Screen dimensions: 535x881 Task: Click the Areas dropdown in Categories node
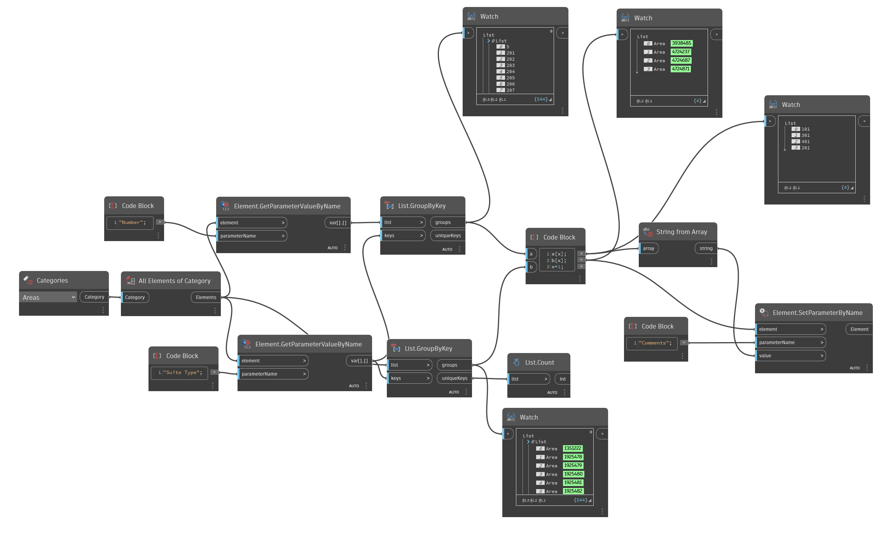pos(49,297)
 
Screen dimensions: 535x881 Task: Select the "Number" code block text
pos(133,222)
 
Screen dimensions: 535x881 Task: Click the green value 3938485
pos(682,43)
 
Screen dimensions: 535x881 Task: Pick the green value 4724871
pos(681,69)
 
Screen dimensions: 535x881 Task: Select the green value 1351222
pos(573,448)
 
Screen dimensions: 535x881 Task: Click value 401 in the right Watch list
pos(806,142)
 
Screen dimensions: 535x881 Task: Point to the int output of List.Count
pos(563,379)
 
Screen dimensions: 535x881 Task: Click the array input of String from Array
pos(649,248)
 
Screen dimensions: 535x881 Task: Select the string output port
pos(706,248)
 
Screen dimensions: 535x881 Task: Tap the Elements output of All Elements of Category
pos(206,297)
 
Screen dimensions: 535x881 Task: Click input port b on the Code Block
pos(531,267)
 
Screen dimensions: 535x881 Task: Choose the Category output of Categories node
pos(94,297)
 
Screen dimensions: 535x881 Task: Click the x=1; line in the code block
pos(557,267)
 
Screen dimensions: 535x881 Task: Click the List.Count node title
pos(539,362)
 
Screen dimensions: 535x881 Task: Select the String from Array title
pos(681,232)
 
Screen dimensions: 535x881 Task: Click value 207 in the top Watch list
pos(510,90)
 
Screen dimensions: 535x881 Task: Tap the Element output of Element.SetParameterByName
pos(859,329)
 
